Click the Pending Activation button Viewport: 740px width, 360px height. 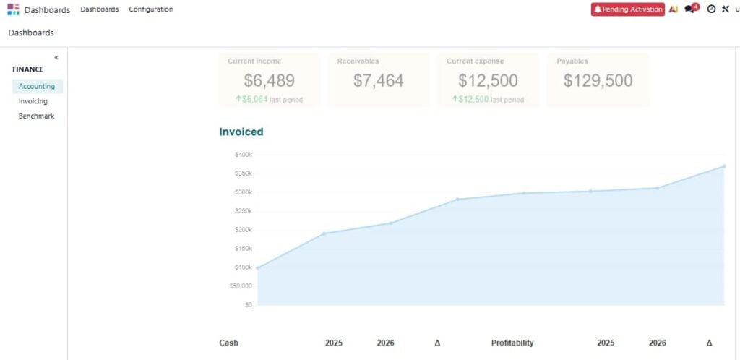(x=627, y=9)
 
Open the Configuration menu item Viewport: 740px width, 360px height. (x=150, y=9)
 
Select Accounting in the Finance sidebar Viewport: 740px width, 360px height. (x=37, y=86)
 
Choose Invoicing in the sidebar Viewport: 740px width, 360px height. (x=33, y=101)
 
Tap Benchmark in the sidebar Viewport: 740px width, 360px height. (x=36, y=116)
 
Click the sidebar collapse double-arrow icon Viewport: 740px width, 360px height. (x=56, y=57)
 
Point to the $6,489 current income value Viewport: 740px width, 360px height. (x=269, y=81)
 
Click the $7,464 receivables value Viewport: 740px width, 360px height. (x=379, y=81)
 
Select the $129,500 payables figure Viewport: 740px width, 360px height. (x=598, y=81)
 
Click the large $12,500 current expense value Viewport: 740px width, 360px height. (x=488, y=81)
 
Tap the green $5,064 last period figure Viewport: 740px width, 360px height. (x=255, y=99)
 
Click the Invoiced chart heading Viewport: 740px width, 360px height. (x=241, y=132)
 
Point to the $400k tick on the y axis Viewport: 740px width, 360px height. (x=243, y=155)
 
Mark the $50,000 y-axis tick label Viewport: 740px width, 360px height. (x=241, y=286)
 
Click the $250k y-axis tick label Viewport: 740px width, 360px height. (x=243, y=211)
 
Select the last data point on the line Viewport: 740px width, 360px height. (x=723, y=166)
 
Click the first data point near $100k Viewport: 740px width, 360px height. (x=258, y=268)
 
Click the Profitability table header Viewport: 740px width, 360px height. (x=512, y=343)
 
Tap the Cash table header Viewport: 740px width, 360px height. (x=228, y=343)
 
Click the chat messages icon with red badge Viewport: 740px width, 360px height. (x=690, y=9)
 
